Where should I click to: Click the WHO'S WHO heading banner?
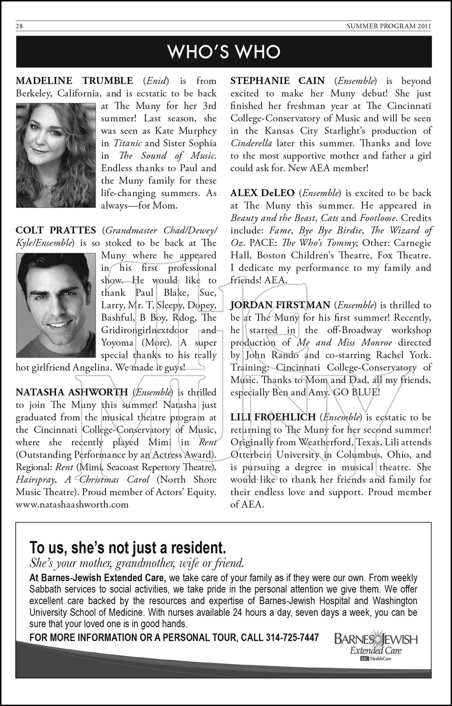tap(224, 51)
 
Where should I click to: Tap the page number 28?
tap(19, 26)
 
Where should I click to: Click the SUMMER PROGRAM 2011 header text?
tap(388, 26)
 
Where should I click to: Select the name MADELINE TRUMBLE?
tap(74, 81)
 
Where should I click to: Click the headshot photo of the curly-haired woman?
tap(57, 155)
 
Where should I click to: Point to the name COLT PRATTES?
tap(56, 231)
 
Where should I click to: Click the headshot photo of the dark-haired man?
tap(57, 305)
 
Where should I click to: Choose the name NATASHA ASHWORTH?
tap(72, 393)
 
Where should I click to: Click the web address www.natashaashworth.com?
tap(72, 505)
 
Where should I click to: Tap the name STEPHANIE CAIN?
tap(278, 81)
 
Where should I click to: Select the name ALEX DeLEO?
tap(262, 193)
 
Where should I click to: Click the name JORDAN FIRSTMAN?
tap(280, 305)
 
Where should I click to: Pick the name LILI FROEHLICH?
tap(273, 417)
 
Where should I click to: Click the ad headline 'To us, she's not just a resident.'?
tap(128, 548)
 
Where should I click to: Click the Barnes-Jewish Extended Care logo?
tap(376, 645)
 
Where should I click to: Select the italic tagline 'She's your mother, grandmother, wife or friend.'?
tap(137, 563)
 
